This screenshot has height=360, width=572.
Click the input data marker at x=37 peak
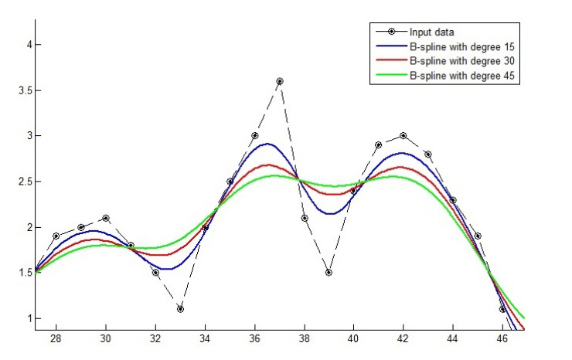pyautogui.click(x=279, y=81)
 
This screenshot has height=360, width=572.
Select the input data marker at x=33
pyautogui.click(x=180, y=309)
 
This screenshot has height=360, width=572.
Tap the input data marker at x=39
pyautogui.click(x=329, y=273)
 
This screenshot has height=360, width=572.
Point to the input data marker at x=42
pyautogui.click(x=403, y=136)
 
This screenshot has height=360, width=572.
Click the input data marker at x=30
pyautogui.click(x=106, y=218)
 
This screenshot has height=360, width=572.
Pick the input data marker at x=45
pyautogui.click(x=478, y=236)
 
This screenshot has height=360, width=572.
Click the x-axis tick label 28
pyautogui.click(x=56, y=338)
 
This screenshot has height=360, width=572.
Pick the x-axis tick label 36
pyautogui.click(x=254, y=338)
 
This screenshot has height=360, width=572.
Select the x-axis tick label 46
pyautogui.click(x=502, y=338)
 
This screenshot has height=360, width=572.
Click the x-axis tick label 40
pyautogui.click(x=353, y=338)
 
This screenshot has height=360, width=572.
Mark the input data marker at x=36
pyautogui.click(x=254, y=136)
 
